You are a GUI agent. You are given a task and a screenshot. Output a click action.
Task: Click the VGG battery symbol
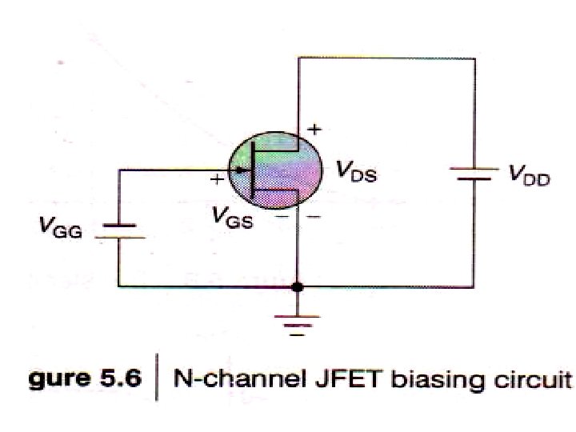click(120, 232)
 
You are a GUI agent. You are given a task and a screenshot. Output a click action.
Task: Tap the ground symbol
click(298, 325)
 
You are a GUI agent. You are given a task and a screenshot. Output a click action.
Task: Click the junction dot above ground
click(298, 286)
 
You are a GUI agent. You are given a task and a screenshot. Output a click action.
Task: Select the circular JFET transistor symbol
click(275, 170)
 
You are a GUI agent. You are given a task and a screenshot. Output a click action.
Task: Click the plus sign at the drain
click(314, 128)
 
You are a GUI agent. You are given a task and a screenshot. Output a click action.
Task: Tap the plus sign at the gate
click(215, 180)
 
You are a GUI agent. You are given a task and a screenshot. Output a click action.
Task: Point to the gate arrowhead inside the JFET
click(241, 169)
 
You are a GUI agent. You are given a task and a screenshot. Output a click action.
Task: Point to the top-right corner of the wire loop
click(472, 57)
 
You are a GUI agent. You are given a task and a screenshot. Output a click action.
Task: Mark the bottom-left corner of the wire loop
click(119, 286)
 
